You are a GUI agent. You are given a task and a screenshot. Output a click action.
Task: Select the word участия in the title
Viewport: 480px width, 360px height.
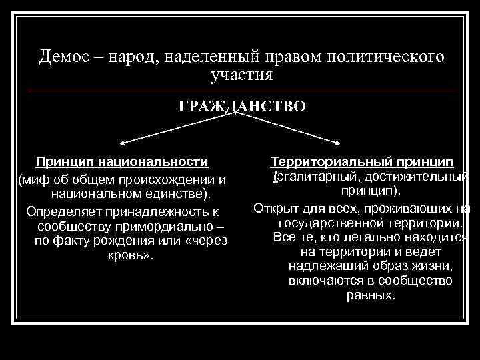coord(241,74)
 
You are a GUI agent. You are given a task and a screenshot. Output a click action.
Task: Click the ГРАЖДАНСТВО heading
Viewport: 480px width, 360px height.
coord(241,106)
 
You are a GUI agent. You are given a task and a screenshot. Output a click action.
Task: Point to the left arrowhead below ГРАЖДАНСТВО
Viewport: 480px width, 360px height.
coord(121,143)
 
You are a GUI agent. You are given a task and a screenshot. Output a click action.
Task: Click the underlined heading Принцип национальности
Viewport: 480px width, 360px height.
coord(122,162)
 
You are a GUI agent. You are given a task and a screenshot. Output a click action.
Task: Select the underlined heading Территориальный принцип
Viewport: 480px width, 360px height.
coord(362,162)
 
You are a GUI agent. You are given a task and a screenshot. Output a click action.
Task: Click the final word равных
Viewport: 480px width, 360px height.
coord(371,295)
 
